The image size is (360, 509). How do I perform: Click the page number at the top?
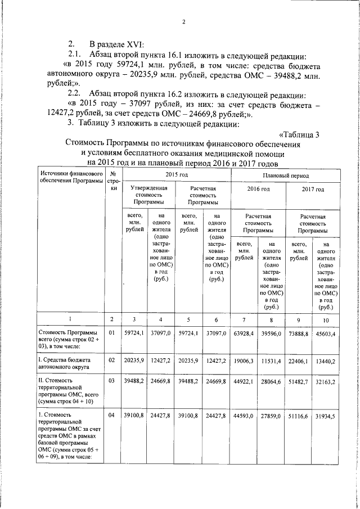[183, 22]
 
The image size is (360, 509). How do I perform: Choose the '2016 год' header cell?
[258, 190]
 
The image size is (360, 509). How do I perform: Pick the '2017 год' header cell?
[313, 190]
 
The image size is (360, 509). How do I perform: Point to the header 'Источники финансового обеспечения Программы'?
[71, 179]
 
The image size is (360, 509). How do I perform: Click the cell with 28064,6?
[271, 380]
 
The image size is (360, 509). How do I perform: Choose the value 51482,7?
[298, 381]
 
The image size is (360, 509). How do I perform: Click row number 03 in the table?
[112, 381]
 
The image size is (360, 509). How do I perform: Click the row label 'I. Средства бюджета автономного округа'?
[67, 363]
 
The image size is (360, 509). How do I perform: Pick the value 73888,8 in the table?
[298, 334]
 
